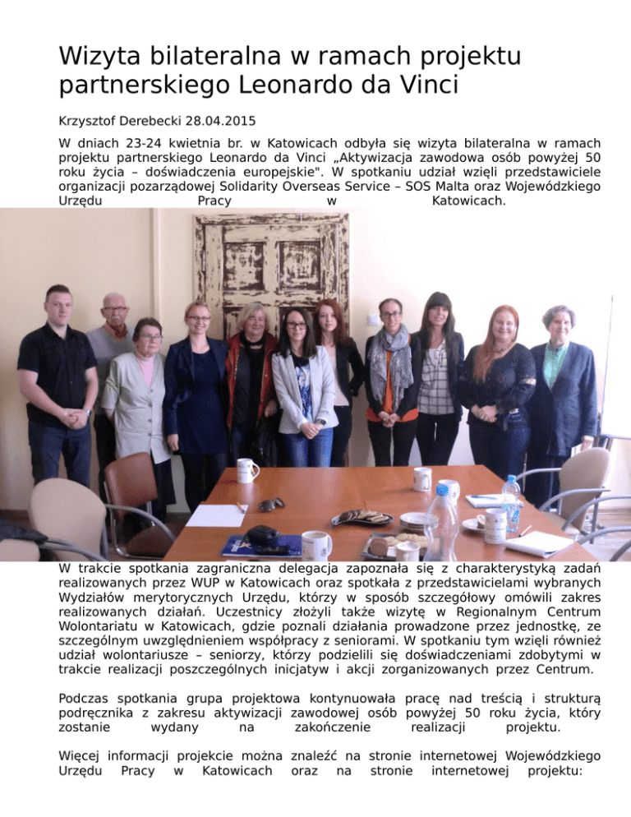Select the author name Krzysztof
click(90, 118)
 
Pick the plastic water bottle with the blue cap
click(511, 502)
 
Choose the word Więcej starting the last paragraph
click(81, 755)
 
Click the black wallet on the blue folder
click(263, 535)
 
